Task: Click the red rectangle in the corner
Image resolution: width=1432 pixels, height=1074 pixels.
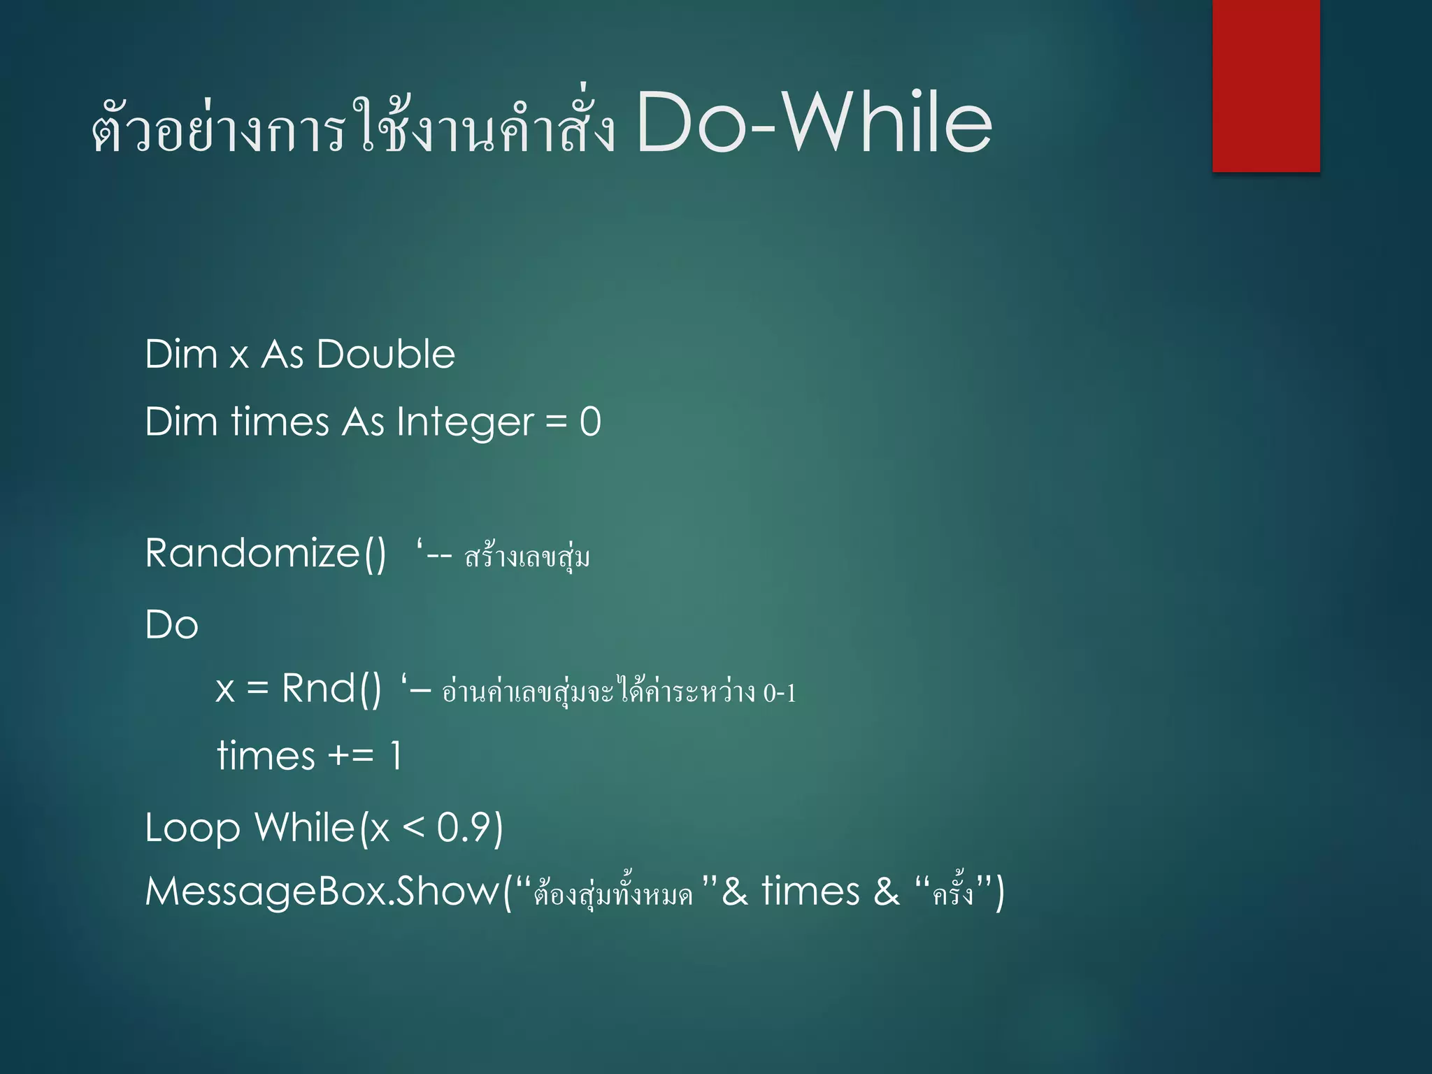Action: coord(1266,85)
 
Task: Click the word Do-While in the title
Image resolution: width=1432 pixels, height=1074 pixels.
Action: coord(814,124)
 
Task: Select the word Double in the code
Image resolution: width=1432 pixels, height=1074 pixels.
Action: coord(385,354)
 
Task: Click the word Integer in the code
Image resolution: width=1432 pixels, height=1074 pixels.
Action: coord(465,422)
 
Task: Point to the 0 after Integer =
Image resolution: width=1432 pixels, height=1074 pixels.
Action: coord(590,422)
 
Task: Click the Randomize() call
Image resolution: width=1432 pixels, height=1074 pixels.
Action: coord(265,554)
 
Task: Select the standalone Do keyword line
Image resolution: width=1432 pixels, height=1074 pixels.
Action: coord(171,624)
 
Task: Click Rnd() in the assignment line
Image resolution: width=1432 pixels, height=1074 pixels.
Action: coord(331,689)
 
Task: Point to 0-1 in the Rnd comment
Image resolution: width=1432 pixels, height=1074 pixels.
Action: coord(779,694)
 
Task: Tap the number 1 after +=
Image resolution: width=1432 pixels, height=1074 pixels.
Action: coord(396,756)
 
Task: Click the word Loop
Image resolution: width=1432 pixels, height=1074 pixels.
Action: coord(192,829)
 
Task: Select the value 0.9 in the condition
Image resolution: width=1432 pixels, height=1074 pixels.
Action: coord(464,828)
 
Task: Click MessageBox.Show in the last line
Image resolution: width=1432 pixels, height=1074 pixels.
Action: coord(322,892)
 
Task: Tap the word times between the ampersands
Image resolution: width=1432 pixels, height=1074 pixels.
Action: coord(810,892)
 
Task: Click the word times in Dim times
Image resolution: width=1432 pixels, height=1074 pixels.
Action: coord(280,422)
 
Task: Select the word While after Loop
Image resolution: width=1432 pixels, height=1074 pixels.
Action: coord(305,828)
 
